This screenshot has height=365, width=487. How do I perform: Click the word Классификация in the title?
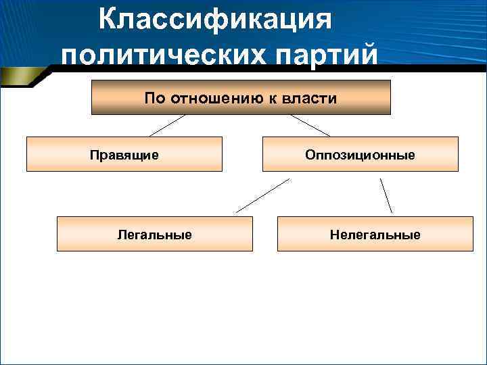215,20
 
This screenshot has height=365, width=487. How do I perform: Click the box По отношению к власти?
241,97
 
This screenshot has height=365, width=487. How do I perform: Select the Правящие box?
124,154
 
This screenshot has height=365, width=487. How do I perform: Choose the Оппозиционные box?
361,154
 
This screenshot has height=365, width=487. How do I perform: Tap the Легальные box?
154,234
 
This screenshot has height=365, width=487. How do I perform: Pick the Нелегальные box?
375,234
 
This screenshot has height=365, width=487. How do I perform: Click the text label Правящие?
124,155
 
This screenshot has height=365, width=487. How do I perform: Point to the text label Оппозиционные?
361,155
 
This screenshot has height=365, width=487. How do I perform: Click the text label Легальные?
154,235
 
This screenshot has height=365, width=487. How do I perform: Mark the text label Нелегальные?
375,235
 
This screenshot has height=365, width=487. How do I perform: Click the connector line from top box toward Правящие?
167,125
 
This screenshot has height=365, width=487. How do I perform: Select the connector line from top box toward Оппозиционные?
310,125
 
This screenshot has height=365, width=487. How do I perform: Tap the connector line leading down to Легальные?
262,196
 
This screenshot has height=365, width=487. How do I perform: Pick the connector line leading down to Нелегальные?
386,195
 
